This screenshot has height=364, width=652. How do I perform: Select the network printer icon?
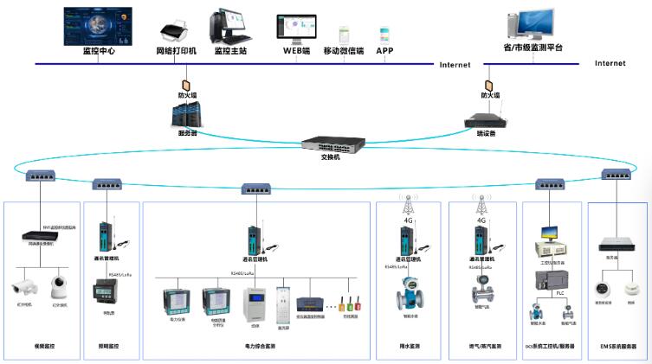coord(172,31)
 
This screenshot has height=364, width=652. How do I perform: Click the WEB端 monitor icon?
coord(296,29)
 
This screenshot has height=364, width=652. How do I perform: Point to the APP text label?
coord(384,51)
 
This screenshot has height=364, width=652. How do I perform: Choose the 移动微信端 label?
coord(343,51)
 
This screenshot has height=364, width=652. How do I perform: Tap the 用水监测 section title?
coord(410,346)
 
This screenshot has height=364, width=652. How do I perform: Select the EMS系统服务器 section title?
coord(618,346)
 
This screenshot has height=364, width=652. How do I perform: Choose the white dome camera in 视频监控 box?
coord(59,285)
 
